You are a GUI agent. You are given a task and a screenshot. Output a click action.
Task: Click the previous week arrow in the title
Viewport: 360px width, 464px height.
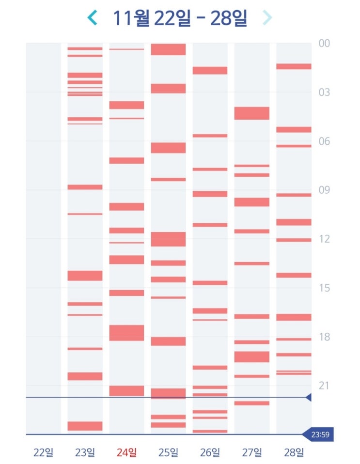[92, 18]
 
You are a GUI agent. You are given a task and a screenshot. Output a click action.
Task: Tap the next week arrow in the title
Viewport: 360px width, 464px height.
[267, 18]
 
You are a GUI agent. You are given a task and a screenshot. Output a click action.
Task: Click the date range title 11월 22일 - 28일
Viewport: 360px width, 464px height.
[180, 18]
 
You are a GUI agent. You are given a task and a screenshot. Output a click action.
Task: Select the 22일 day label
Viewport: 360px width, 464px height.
[43, 453]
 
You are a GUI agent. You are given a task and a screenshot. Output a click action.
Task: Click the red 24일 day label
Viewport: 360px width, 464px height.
[126, 453]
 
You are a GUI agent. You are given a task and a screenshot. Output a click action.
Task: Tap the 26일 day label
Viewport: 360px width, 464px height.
[210, 453]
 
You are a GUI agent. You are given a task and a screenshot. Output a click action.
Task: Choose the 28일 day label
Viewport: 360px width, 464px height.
[294, 453]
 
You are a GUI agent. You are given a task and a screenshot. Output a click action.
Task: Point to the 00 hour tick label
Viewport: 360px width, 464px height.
[324, 44]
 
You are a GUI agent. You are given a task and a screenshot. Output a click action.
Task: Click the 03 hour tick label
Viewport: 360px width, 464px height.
[324, 93]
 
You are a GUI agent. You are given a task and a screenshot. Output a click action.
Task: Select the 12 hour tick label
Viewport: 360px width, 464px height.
[324, 239]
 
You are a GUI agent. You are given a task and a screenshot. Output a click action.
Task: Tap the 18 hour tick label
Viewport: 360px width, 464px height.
[324, 337]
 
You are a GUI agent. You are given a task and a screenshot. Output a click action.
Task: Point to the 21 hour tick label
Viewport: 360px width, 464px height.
[324, 386]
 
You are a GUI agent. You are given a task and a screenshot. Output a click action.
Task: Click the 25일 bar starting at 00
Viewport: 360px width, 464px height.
[168, 49]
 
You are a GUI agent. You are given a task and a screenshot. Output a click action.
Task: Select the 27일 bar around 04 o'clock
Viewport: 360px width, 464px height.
[251, 113]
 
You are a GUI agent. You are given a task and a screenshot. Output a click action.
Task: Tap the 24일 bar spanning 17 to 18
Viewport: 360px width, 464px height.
[126, 333]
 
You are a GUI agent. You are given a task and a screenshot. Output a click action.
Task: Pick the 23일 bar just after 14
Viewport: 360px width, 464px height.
[85, 276]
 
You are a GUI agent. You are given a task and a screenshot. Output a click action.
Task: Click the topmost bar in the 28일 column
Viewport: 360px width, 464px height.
[294, 66]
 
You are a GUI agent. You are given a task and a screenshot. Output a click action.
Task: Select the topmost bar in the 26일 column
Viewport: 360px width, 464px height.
[210, 70]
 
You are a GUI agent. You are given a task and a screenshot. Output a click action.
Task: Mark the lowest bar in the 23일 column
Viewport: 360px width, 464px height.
[85, 426]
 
